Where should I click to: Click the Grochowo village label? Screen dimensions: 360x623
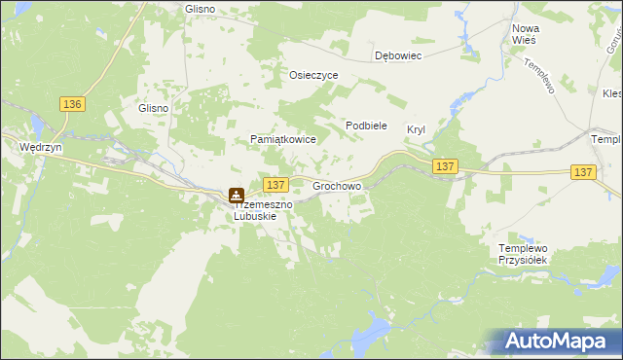point(337,184)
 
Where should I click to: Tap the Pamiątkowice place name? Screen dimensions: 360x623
point(283,140)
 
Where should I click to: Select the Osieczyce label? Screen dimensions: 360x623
point(313,75)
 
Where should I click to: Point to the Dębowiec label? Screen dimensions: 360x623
point(398,56)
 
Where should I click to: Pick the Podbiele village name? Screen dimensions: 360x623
point(367,126)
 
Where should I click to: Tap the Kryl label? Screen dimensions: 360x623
point(417,129)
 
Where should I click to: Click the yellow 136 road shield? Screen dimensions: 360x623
point(72,104)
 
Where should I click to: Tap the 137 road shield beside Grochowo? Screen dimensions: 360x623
point(275,184)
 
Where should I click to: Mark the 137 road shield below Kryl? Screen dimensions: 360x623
point(445,166)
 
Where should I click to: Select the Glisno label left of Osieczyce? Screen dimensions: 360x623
point(200,9)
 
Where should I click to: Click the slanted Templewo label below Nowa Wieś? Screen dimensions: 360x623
point(537,75)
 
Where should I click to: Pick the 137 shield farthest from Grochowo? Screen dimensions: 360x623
point(582,171)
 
